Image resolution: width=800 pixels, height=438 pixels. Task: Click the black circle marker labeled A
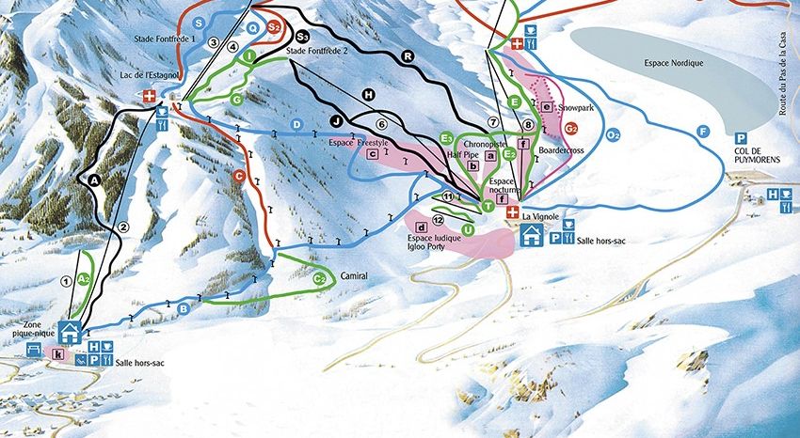94,179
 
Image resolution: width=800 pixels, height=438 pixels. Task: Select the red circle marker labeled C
240,176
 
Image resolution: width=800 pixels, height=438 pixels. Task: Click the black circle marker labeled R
408,55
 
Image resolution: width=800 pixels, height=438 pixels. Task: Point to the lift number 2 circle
123,226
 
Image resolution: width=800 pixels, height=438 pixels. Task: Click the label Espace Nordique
676,63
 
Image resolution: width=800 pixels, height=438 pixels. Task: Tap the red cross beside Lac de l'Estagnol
149,97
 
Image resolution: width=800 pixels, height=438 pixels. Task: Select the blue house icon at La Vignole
531,235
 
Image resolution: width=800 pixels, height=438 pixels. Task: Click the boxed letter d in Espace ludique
422,227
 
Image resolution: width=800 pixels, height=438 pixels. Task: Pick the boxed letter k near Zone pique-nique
58,354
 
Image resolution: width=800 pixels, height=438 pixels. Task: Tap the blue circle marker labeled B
184,307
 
